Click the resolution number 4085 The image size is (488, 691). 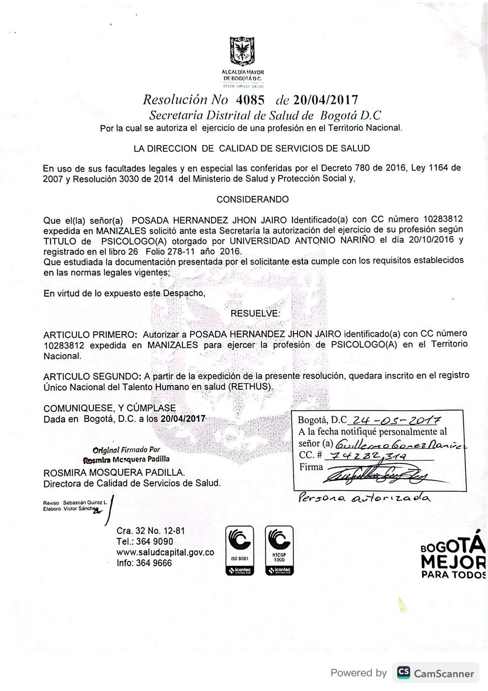[250, 100]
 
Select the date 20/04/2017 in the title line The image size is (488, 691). [326, 100]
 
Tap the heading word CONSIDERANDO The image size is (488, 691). [252, 199]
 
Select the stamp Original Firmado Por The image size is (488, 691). [126, 450]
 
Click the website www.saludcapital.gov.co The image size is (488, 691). [165, 552]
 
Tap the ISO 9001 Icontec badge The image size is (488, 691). [239, 550]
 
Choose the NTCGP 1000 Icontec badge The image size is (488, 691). [279, 550]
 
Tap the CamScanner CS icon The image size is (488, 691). [403, 672]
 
